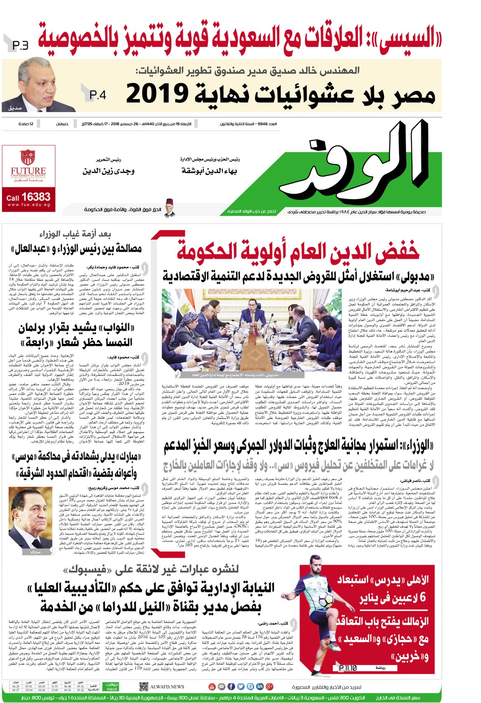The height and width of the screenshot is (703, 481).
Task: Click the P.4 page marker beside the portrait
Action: pos(98,95)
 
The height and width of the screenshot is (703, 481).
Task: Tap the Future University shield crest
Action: pos(28,158)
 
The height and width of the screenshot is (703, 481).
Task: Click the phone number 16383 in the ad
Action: pos(36,197)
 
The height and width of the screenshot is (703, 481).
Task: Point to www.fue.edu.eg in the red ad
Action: pos(28,205)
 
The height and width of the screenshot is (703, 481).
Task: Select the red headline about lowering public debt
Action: pos(297,251)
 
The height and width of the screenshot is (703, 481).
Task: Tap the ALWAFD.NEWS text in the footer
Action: pos(167,687)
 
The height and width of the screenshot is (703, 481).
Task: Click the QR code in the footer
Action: pos(143,687)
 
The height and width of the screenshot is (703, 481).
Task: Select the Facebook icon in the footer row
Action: pos(241,687)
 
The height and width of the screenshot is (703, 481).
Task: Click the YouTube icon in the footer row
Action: pos(212,687)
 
